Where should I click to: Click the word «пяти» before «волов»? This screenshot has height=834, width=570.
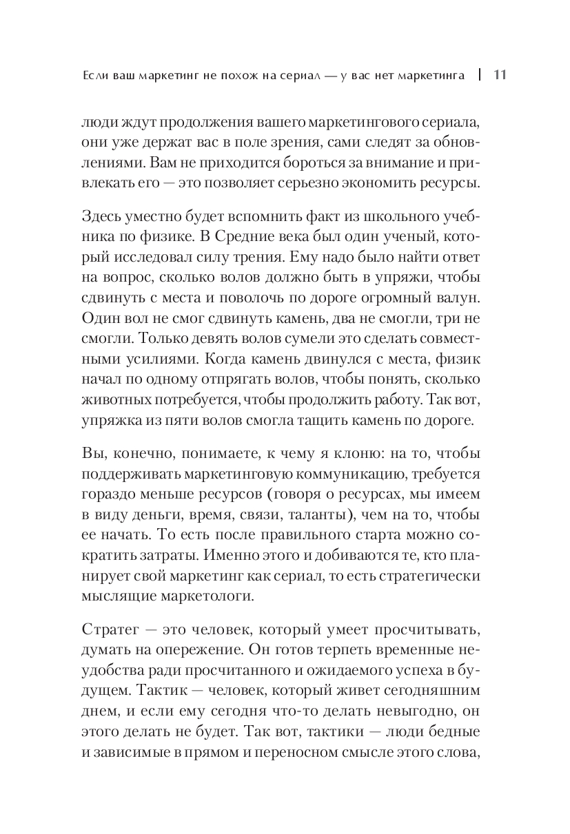click(x=201, y=421)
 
